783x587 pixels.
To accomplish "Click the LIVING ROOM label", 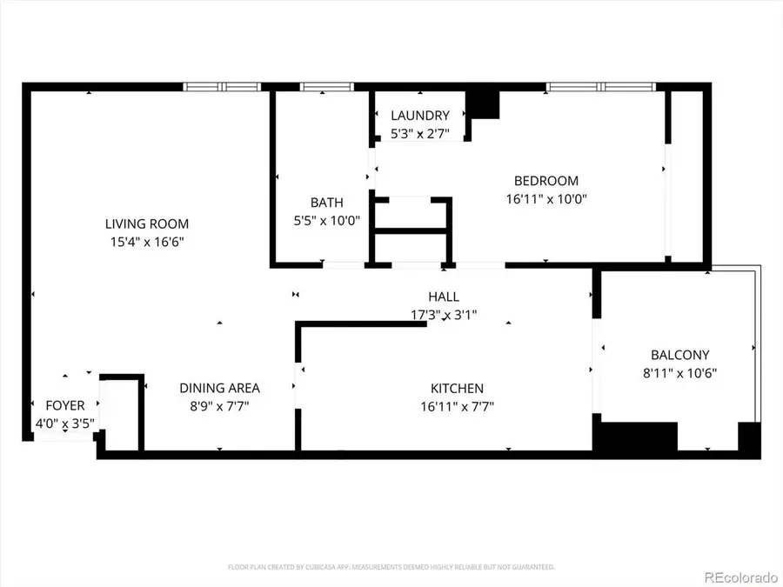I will [x=147, y=223].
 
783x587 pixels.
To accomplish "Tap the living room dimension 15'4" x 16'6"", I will [x=147, y=241].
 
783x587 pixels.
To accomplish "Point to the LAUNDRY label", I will [x=420, y=116].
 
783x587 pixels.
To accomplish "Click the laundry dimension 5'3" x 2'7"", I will [x=420, y=133].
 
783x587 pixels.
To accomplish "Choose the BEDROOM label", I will [x=545, y=181].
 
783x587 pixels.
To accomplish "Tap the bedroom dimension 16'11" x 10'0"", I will [x=545, y=198].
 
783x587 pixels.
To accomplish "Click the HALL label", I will [x=443, y=297].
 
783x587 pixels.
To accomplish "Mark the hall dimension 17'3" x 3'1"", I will [x=443, y=314].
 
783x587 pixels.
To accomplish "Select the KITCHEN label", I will [x=457, y=388].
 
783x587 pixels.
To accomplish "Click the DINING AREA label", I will [x=219, y=388].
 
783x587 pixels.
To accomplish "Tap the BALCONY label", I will [x=679, y=355].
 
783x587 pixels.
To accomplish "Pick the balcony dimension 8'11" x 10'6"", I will [x=679, y=372].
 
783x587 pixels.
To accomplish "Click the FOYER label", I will [x=65, y=405].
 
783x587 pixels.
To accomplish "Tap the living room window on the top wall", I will [x=222, y=87].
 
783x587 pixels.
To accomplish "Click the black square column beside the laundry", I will [x=484, y=103].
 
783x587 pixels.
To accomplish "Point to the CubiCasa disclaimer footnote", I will [x=391, y=566].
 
